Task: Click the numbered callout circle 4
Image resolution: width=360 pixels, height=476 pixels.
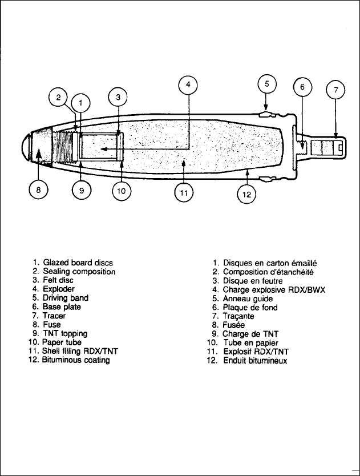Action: (188, 87)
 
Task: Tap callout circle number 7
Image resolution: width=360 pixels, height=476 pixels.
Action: (335, 90)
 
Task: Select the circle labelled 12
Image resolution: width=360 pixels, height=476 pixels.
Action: (246, 194)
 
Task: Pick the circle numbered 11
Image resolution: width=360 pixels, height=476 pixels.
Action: (184, 194)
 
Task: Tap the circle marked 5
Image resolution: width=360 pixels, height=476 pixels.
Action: (266, 84)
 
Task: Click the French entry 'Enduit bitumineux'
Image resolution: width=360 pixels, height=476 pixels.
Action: (255, 361)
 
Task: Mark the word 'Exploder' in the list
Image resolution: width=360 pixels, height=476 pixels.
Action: (58, 289)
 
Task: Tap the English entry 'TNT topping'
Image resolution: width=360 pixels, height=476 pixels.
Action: (65, 333)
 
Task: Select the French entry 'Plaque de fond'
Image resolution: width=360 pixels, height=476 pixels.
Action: (250, 307)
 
